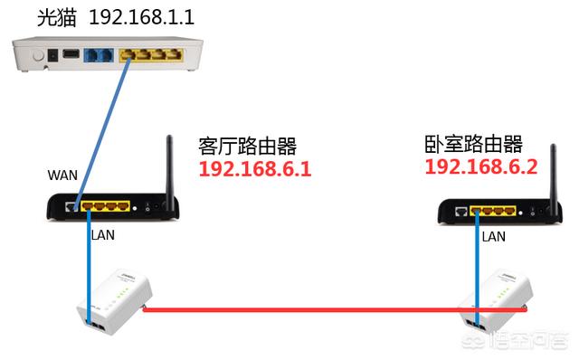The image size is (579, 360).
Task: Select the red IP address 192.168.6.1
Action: coord(254,169)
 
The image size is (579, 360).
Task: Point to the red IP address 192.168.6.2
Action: coord(480,166)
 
